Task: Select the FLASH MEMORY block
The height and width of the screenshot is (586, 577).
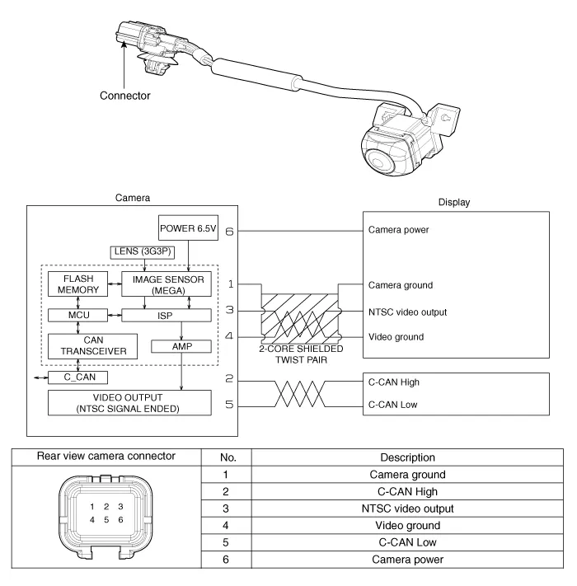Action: point(76,284)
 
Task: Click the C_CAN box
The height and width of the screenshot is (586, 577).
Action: point(79,377)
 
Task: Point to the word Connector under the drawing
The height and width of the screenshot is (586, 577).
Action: point(125,96)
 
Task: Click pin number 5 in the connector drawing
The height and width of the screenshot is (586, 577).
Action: point(107,519)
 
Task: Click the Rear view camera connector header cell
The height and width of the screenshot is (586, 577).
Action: point(107,457)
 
